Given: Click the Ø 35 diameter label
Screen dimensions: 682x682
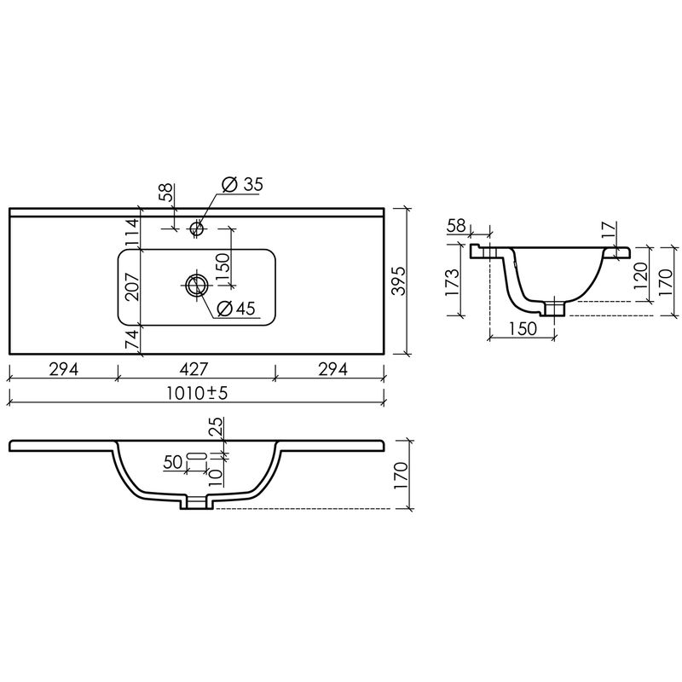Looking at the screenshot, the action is click(x=242, y=184).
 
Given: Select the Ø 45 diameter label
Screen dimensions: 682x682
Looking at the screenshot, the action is click(x=235, y=308).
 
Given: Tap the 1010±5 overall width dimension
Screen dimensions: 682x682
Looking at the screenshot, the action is click(x=197, y=393).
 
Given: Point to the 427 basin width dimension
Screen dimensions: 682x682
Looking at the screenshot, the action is click(x=194, y=369).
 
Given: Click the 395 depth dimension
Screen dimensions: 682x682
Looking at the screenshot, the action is click(x=398, y=280).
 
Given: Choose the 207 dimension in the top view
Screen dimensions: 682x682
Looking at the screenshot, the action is click(x=132, y=286).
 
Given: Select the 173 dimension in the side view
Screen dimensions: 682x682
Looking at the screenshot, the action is click(x=452, y=283).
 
